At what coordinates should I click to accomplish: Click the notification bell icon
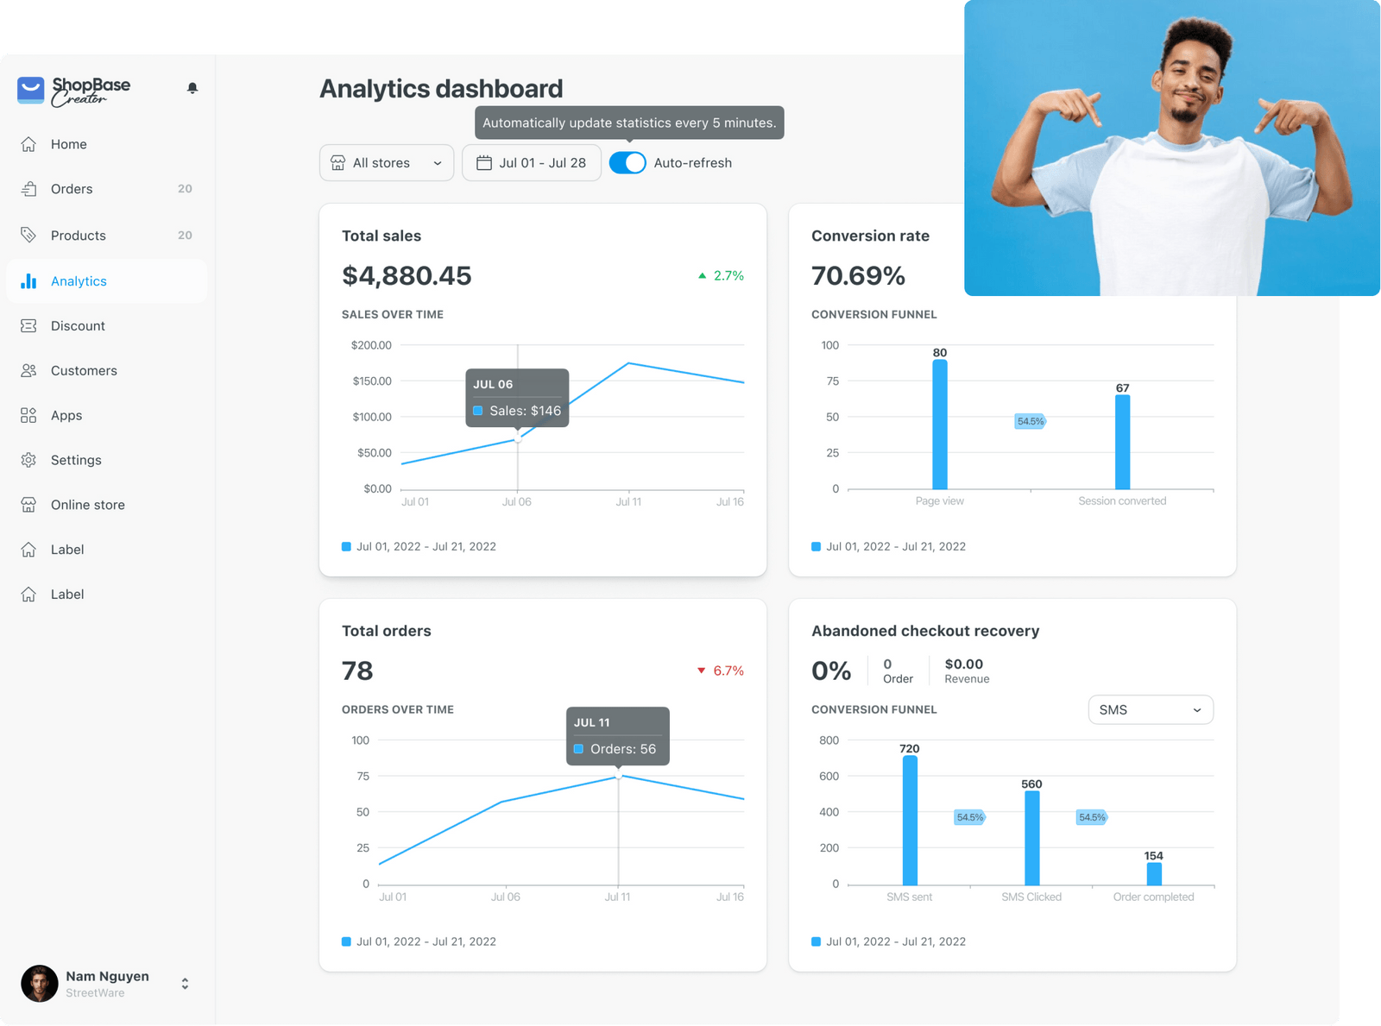click(x=192, y=88)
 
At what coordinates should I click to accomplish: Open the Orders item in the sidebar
click(x=72, y=189)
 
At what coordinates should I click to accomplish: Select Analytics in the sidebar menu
click(x=79, y=281)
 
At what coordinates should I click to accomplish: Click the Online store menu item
click(x=87, y=505)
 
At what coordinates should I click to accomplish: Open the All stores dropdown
click(x=387, y=163)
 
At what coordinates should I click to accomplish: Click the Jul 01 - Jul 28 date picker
click(x=532, y=163)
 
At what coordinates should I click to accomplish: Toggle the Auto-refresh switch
click(x=627, y=163)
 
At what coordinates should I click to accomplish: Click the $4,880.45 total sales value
click(x=407, y=276)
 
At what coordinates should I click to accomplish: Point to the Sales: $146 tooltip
click(x=517, y=399)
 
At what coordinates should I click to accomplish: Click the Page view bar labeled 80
click(x=940, y=425)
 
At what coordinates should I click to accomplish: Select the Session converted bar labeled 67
click(x=1122, y=442)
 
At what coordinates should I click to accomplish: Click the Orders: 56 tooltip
click(x=617, y=737)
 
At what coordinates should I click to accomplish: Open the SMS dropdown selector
click(x=1151, y=710)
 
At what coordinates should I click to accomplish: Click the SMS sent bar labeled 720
click(x=910, y=820)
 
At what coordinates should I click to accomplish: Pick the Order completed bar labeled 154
click(x=1154, y=873)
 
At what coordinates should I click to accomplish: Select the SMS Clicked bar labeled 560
click(x=1031, y=837)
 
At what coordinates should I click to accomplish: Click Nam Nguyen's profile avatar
click(x=40, y=984)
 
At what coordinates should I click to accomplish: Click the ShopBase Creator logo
click(x=74, y=90)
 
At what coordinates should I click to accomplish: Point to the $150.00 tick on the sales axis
click(x=371, y=381)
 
